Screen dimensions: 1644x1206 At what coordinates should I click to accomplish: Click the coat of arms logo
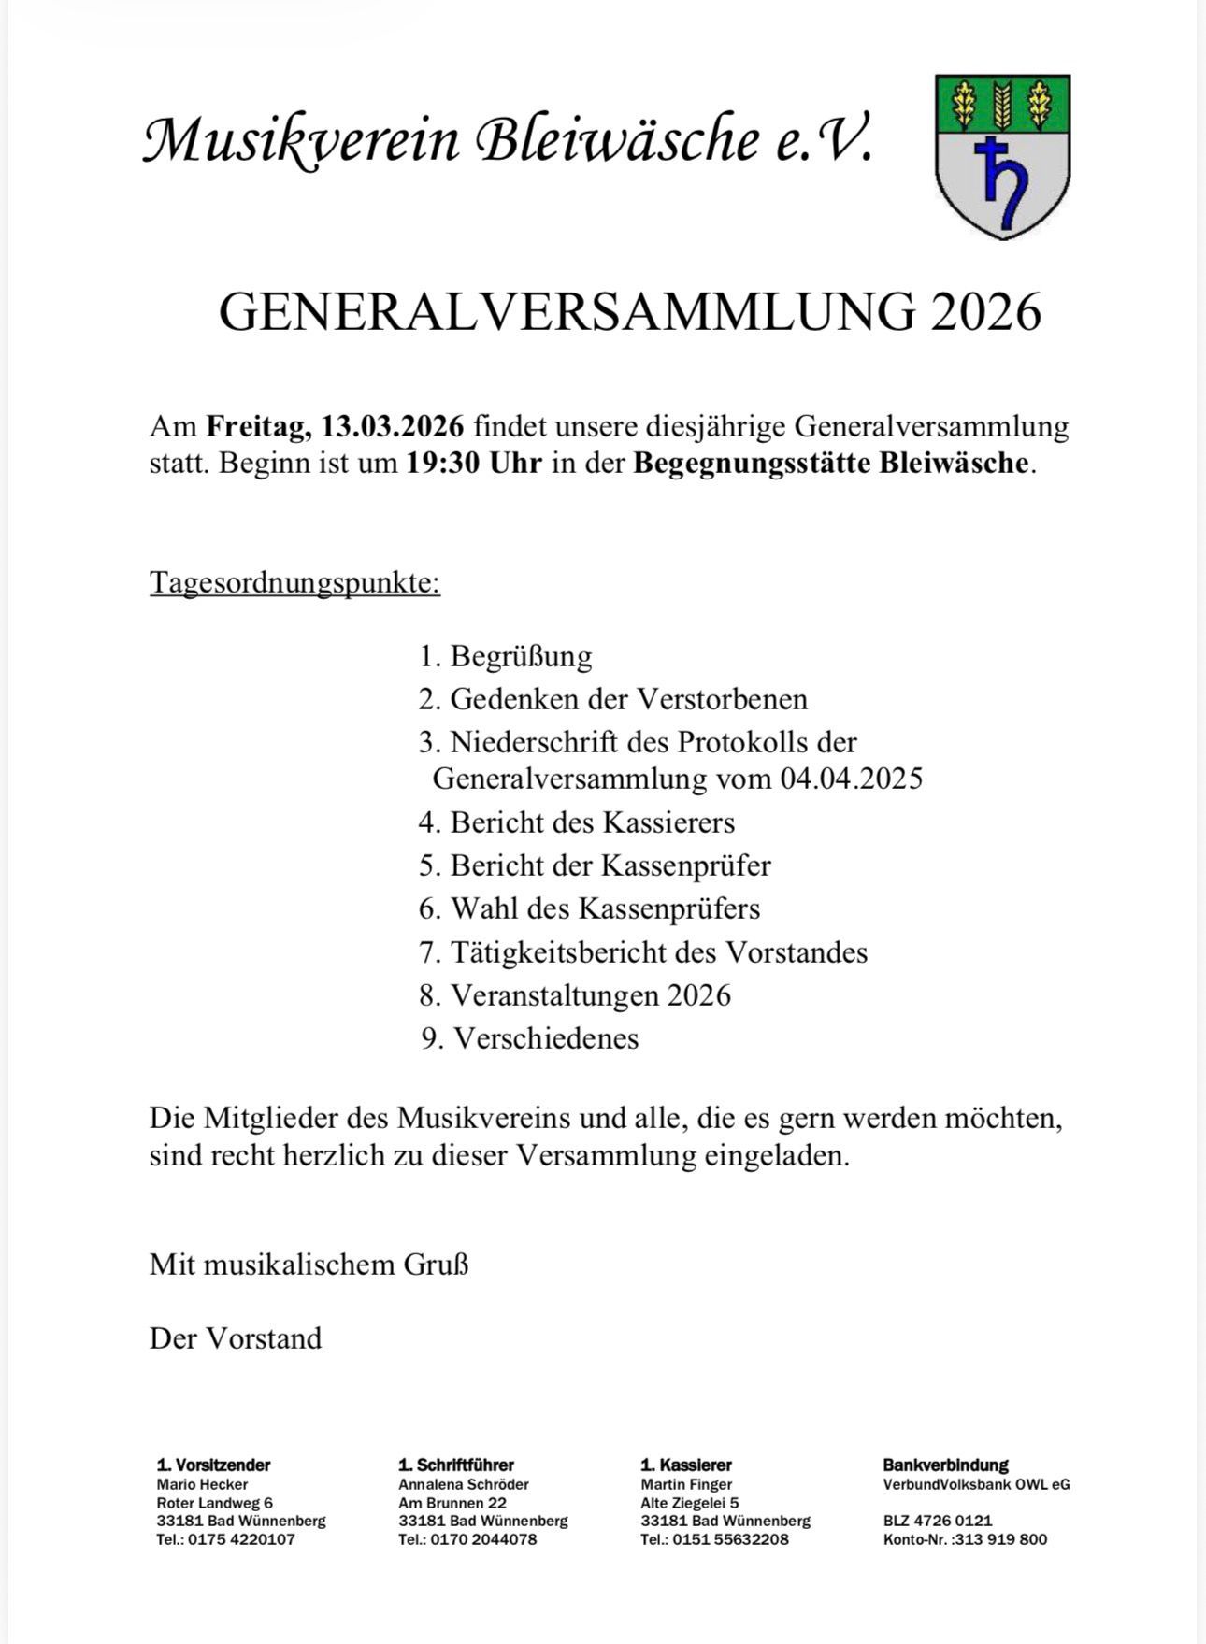pyautogui.click(x=1002, y=156)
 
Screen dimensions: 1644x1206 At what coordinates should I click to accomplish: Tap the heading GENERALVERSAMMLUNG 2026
pyautogui.click(x=629, y=311)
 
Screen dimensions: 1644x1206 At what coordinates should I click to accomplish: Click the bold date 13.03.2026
pyautogui.click(x=393, y=426)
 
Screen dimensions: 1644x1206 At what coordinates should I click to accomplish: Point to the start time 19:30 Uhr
pyautogui.click(x=473, y=464)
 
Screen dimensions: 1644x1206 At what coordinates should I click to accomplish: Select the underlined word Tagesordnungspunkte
pyautogui.click(x=294, y=583)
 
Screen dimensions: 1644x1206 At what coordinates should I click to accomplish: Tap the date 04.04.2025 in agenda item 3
pyautogui.click(x=851, y=779)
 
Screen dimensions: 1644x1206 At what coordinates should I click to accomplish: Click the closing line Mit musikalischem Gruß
pyautogui.click(x=309, y=1265)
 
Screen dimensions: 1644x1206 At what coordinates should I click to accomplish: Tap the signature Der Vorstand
pyautogui.click(x=236, y=1338)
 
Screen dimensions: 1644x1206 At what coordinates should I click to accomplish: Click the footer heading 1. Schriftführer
pyautogui.click(x=456, y=1465)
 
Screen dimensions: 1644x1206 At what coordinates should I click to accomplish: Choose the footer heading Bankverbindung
pyautogui.click(x=945, y=1465)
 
